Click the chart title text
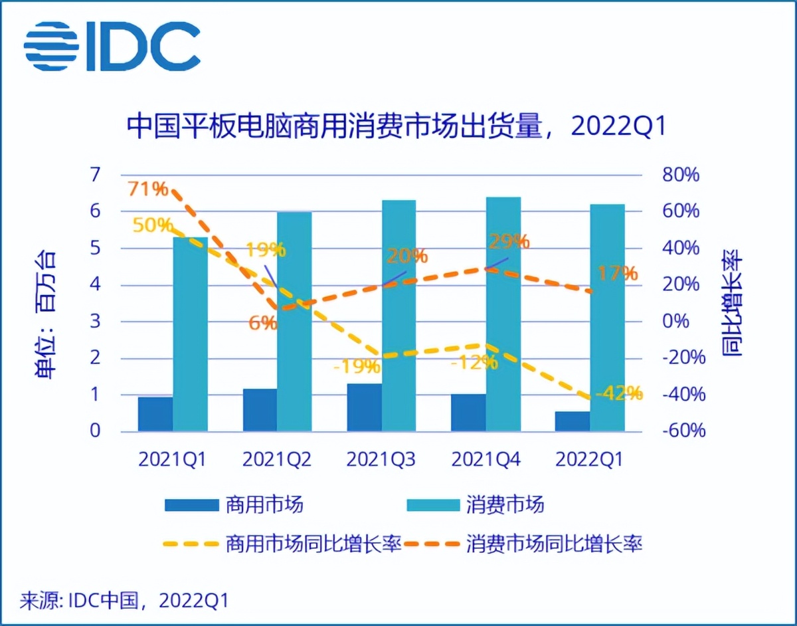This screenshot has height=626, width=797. (396, 126)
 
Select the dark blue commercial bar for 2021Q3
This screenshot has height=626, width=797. (364, 407)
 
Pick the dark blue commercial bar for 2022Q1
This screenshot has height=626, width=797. (573, 421)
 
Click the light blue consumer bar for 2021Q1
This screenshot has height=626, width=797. (190, 334)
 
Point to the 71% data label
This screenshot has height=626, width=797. (148, 189)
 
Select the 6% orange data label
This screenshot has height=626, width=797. (263, 323)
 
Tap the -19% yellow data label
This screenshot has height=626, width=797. (357, 365)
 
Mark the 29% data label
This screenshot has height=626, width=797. (508, 241)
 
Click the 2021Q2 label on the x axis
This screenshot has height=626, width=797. (276, 460)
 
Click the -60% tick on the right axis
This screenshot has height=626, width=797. (683, 431)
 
